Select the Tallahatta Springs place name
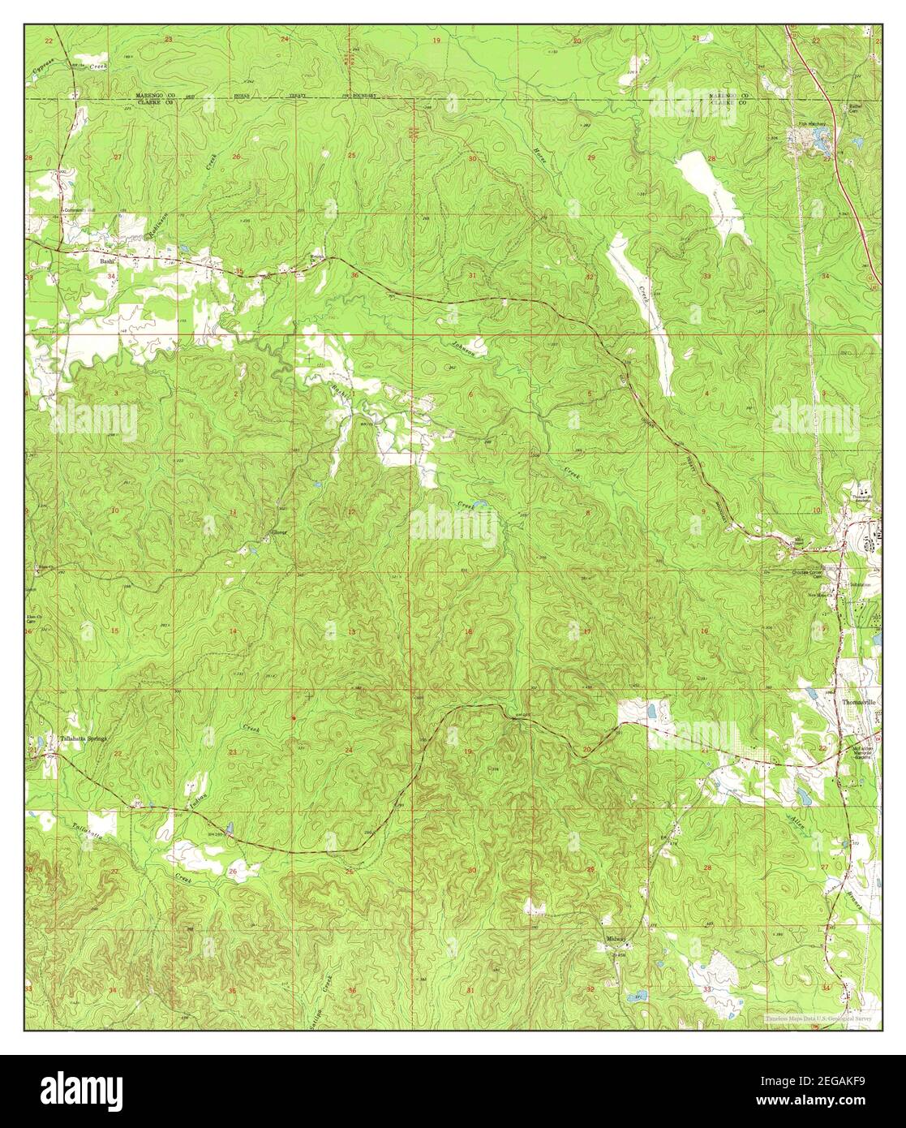click(x=84, y=738)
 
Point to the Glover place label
click(x=280, y=536)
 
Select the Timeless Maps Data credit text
click(x=819, y=1018)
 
